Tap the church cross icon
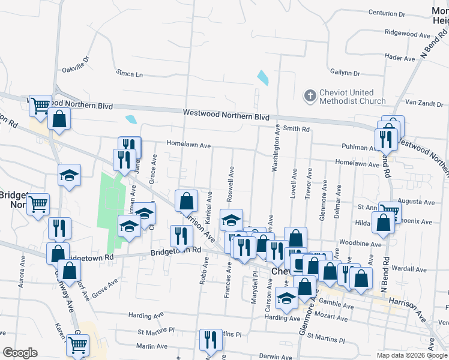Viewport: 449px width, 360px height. [310, 95]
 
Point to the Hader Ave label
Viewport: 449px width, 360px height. [400, 58]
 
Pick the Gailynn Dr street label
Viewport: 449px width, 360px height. [345, 73]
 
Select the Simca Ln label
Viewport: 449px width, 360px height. [130, 74]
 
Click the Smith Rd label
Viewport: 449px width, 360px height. [297, 128]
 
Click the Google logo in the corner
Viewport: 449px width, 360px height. [20, 352]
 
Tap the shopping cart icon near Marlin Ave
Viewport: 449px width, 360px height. [77, 344]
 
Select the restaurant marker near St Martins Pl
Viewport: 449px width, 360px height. [211, 339]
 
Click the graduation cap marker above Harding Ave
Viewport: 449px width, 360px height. [287, 297]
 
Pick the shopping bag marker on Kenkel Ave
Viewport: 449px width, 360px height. [187, 200]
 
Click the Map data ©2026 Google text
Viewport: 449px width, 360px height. [412, 355]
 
